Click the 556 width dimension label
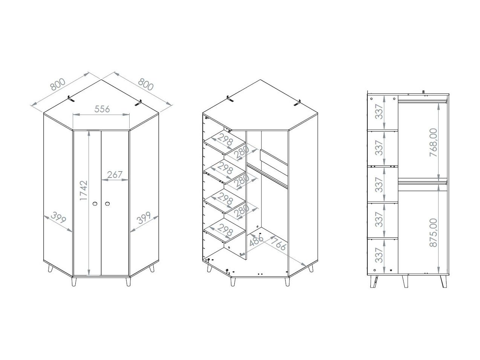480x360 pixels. point(102,109)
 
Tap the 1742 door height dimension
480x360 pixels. point(84,190)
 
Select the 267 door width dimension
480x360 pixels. point(115,175)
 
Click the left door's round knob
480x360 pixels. point(95,204)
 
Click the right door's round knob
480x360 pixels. point(107,204)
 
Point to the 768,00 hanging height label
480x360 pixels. point(433,142)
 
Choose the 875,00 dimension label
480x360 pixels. point(433,233)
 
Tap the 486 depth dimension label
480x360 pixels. point(256,239)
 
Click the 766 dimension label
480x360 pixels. point(278,244)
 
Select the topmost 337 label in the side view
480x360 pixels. point(379,112)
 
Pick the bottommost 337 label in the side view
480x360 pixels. point(379,255)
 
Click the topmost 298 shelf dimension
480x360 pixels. point(225,139)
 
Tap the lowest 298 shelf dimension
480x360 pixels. point(225,230)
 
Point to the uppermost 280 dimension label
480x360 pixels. point(242,152)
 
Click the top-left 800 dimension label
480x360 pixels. point(58,84)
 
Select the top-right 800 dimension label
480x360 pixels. point(146,84)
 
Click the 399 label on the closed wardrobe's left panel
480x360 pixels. point(58,218)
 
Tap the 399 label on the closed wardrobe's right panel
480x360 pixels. point(144,218)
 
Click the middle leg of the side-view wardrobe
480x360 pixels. point(405,281)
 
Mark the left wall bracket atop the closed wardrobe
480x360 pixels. point(70,99)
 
